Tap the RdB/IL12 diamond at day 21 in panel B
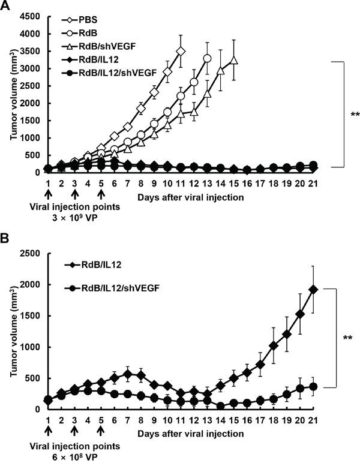click(314, 289)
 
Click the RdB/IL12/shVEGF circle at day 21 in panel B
click(314, 386)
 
